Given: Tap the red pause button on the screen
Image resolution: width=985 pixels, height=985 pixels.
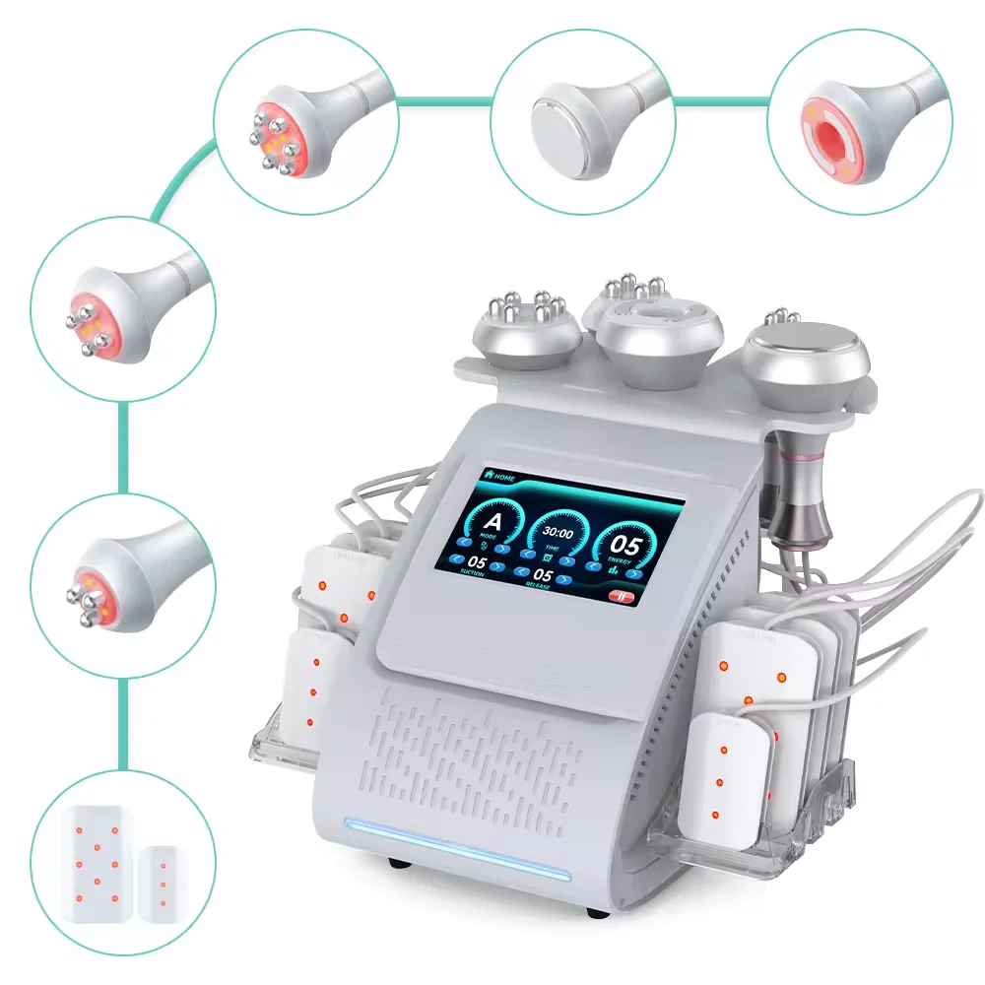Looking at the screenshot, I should click(x=623, y=595).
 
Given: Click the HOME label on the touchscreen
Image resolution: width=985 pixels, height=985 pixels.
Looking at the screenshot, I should click(x=504, y=477).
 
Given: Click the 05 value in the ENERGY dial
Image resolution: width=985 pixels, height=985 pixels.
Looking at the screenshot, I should click(x=626, y=546).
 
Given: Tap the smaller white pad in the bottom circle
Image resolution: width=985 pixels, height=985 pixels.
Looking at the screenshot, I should click(x=162, y=881).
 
